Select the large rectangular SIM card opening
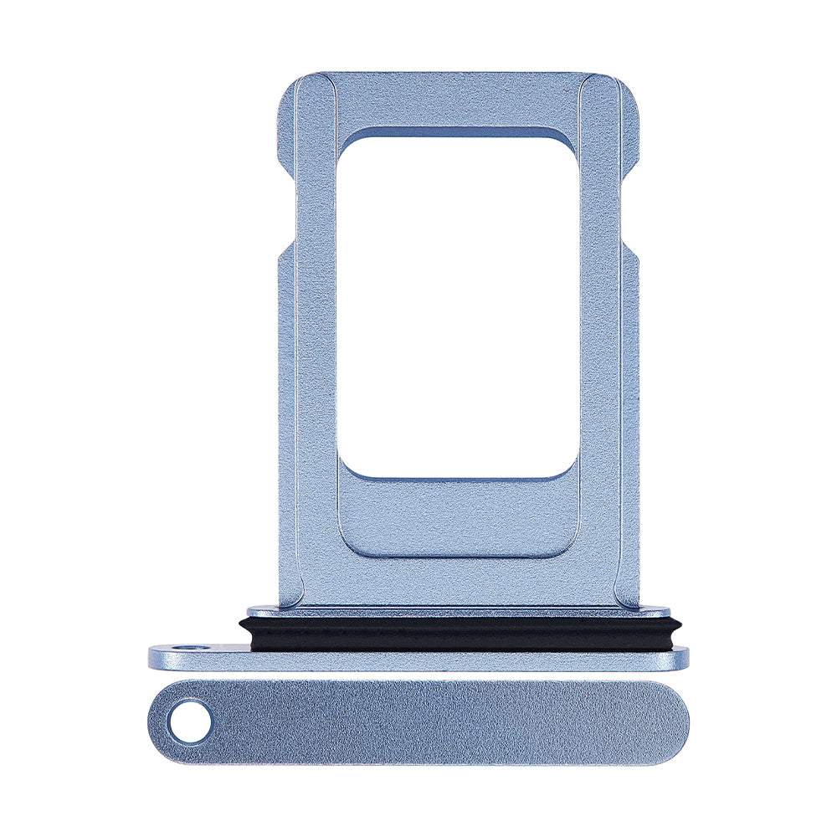coord(458,306)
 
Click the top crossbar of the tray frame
coord(458,100)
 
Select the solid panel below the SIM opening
coord(458,519)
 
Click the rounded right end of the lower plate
coord(670,722)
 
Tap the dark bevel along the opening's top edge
coord(458,132)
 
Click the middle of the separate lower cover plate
coord(418,722)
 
